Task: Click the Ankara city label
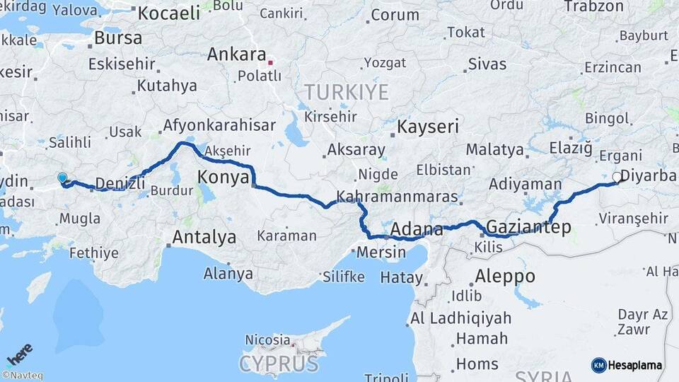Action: pyautogui.click(x=237, y=55)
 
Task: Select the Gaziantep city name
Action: pyautogui.click(x=529, y=227)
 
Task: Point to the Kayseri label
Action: pyautogui.click(x=428, y=128)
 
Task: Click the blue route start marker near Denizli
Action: pyautogui.click(x=62, y=178)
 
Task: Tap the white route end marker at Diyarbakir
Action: pyautogui.click(x=617, y=178)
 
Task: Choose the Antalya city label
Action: pyautogui.click(x=204, y=237)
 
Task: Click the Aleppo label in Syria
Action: pyautogui.click(x=504, y=276)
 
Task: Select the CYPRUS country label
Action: pyautogui.click(x=278, y=364)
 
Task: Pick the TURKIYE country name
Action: pyautogui.click(x=347, y=92)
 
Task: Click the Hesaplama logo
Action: pyautogui.click(x=627, y=365)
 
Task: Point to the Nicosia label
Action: pyautogui.click(x=267, y=340)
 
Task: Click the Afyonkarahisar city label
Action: pyautogui.click(x=219, y=125)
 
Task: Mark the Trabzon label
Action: pyautogui.click(x=593, y=6)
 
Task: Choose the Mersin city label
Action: pyautogui.click(x=381, y=252)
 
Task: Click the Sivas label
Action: pyautogui.click(x=487, y=64)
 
